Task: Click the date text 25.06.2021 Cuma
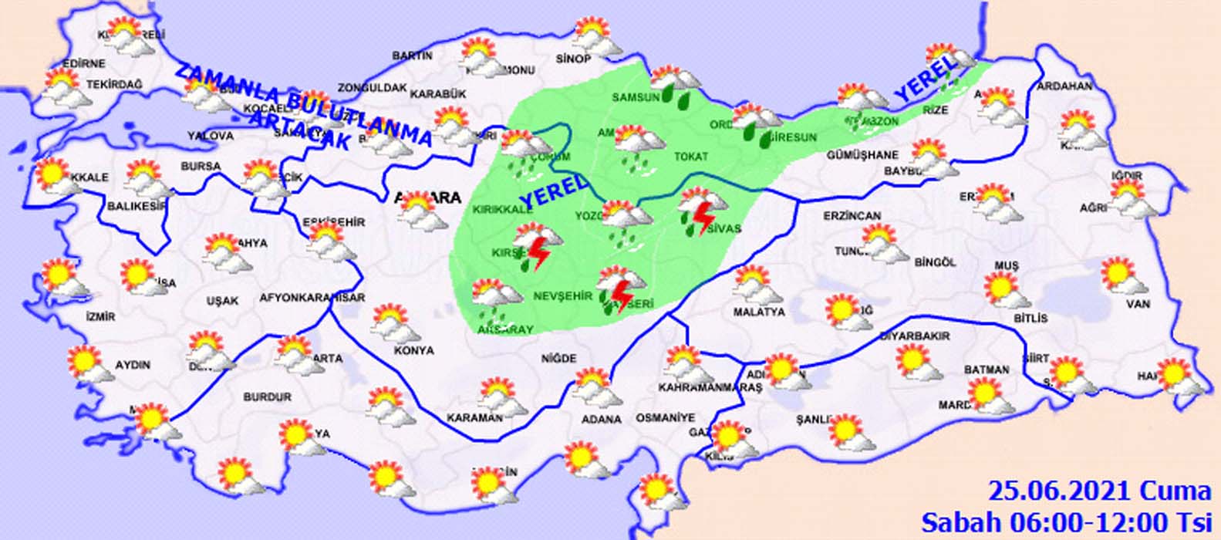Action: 1100,491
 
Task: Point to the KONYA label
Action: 414,350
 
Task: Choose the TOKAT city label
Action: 691,157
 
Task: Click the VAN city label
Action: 1138,304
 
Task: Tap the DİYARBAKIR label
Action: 915,336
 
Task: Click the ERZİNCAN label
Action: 852,216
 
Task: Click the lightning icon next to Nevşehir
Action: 619,294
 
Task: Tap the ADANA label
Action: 602,420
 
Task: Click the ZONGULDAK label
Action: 372,88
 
